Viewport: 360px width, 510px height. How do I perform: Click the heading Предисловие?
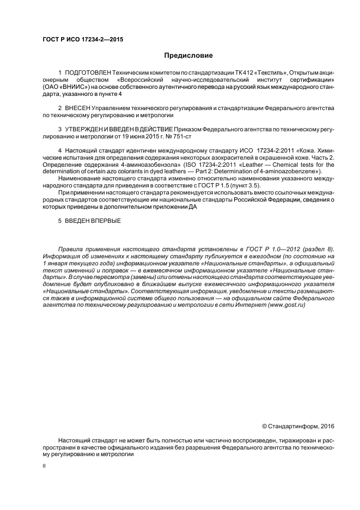(x=188, y=56)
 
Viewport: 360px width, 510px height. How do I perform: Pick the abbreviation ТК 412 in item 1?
(x=215, y=73)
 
